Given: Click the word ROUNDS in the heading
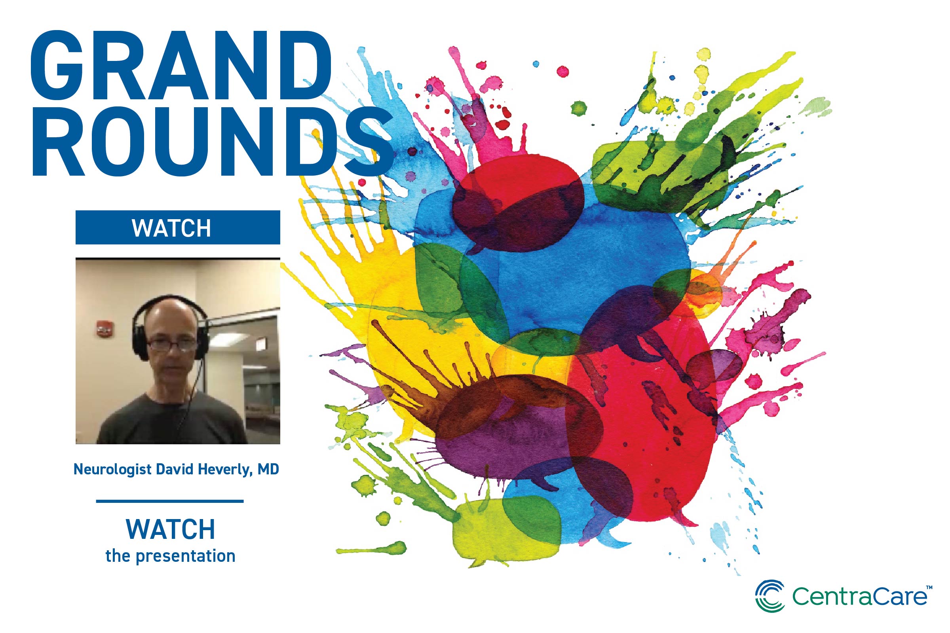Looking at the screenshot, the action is click(212, 142).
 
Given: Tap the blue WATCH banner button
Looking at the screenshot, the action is click(178, 227).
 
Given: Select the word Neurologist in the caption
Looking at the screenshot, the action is click(113, 470).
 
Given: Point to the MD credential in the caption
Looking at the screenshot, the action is click(268, 469).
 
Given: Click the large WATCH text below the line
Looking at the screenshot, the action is click(171, 529).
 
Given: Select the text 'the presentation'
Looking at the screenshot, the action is click(171, 556).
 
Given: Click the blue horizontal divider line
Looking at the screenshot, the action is click(170, 501).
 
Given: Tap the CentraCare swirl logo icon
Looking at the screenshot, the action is click(770, 596).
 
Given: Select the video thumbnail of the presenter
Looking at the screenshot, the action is click(178, 351).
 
